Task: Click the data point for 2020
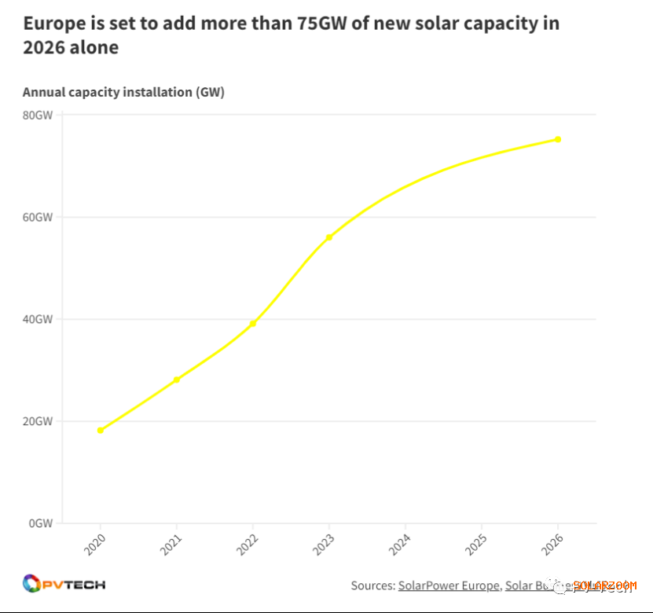[101, 430]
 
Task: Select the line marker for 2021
[177, 380]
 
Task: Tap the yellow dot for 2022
[253, 323]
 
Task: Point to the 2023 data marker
[329, 237]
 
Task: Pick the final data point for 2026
[558, 139]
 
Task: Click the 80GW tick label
[38, 115]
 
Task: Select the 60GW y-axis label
[38, 217]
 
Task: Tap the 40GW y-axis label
[38, 319]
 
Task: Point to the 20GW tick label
[38, 421]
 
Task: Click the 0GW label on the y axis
[41, 523]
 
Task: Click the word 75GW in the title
[324, 23]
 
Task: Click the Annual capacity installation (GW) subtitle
[123, 92]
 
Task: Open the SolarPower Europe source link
[449, 585]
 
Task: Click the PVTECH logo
[64, 584]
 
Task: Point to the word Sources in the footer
[372, 585]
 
